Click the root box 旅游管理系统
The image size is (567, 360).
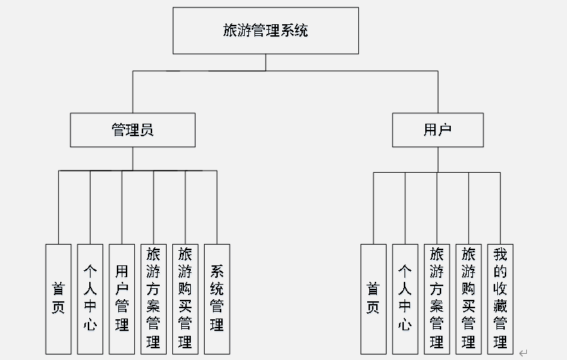point(266,30)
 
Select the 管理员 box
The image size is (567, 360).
point(133,130)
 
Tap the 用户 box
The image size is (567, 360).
point(437,130)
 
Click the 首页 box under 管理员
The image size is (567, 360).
point(59,299)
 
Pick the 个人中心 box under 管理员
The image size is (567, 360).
point(90,299)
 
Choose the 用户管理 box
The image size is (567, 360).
point(122,299)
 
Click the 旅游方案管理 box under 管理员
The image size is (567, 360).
point(154,299)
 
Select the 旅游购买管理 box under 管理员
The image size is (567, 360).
point(185,299)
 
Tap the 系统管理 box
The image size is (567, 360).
point(217,299)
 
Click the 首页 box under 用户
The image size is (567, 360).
point(373,299)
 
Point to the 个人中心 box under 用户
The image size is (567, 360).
point(405,299)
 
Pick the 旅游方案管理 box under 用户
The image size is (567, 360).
point(437,299)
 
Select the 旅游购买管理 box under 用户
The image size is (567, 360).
point(469,299)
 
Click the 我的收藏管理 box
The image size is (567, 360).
point(501,299)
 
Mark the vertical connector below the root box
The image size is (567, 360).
point(266,62)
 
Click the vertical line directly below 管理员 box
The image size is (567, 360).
point(133,158)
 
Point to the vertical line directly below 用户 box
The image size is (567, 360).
point(437,159)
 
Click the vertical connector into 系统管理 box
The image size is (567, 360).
point(217,207)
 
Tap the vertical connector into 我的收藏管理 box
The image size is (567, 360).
point(501,207)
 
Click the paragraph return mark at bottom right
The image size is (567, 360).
point(523,352)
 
